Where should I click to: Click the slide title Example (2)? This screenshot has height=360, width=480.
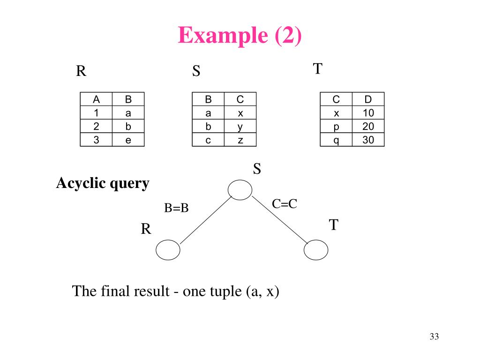tap(240, 35)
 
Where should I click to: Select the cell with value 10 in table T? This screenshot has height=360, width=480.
tap(368, 113)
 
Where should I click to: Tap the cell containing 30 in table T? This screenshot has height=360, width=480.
tap(368, 140)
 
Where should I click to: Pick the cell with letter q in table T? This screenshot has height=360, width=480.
tap(336, 140)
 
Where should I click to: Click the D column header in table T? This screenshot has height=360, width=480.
tap(368, 99)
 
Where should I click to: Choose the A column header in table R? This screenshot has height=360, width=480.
tap(96, 99)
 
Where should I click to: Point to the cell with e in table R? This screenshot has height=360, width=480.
tap(128, 140)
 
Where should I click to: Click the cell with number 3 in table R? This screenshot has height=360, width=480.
tap(96, 140)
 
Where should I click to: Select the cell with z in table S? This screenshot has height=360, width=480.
tap(240, 140)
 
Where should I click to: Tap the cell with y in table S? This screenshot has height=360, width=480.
tap(240, 127)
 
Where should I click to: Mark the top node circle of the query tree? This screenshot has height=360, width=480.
tap(240, 189)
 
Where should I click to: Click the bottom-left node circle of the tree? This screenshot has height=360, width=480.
tap(168, 250)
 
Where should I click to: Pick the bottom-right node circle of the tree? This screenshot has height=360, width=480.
tap(316, 250)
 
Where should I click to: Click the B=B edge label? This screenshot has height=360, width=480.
tap(176, 208)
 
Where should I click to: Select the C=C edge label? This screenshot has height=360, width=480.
tap(285, 204)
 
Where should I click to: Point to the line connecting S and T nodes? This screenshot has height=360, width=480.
tap(279, 219)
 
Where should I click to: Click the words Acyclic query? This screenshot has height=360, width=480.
tap(103, 183)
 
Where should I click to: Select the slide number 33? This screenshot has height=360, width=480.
tap(434, 337)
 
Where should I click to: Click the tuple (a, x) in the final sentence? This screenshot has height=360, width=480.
tap(262, 292)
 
